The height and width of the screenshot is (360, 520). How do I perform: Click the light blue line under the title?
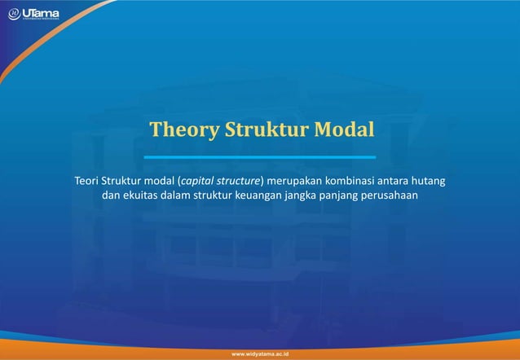pos(260,156)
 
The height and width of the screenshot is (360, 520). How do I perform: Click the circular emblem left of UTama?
pos(14,14)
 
